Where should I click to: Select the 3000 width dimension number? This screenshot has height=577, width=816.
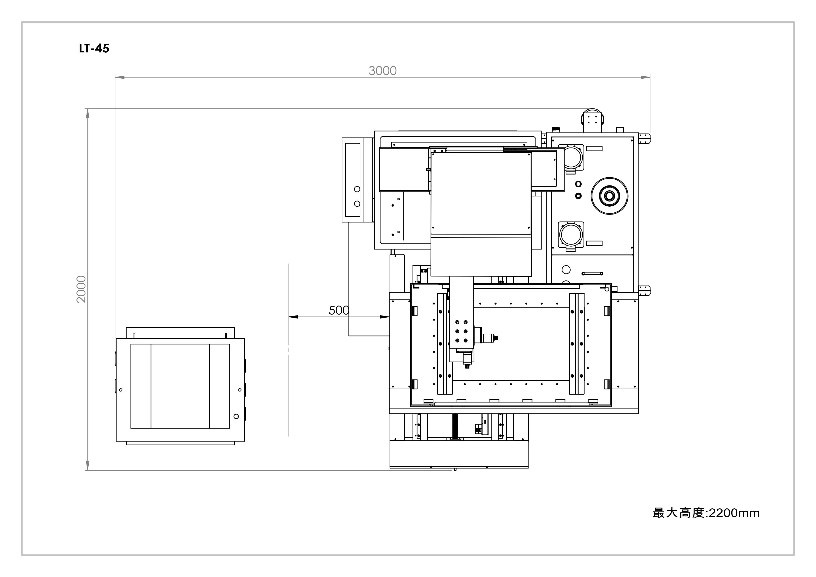click(382, 71)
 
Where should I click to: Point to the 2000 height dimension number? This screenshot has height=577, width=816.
click(81, 289)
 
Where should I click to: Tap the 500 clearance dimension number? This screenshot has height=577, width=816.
click(339, 310)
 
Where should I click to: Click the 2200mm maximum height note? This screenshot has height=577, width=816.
click(706, 513)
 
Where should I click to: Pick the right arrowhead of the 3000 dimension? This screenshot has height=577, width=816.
click(645, 77)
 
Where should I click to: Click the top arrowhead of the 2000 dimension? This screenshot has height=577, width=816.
click(87, 113)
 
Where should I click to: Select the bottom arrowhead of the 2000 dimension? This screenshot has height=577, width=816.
click(87, 466)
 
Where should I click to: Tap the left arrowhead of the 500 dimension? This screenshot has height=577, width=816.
click(293, 316)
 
